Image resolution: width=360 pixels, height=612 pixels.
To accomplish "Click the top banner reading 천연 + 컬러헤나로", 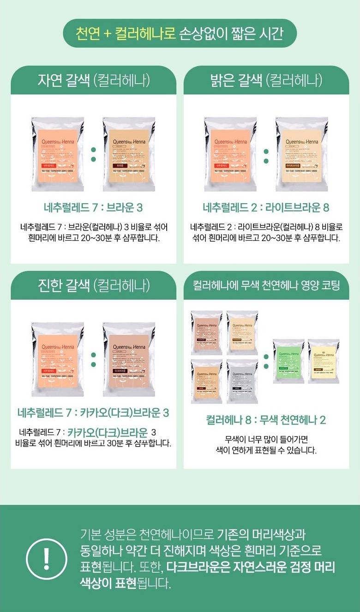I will coord(180,33).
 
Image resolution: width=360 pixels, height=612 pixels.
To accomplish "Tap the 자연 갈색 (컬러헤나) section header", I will coord(94,80).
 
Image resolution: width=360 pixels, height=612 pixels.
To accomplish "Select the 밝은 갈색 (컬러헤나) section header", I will coord(266,80).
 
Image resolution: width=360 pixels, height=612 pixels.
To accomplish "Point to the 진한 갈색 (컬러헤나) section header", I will coord(94,285).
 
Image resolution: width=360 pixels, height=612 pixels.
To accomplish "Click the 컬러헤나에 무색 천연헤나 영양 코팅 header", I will coord(266,285).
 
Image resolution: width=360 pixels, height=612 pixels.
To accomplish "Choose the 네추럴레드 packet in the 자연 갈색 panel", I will coord(58,154).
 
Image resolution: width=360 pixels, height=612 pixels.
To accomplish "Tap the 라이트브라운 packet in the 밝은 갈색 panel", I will coord(301,154).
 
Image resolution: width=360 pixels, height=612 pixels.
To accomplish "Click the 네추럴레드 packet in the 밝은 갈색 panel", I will coord(230,154).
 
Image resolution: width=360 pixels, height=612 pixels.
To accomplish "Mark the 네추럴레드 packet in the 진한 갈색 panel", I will coord(58,359).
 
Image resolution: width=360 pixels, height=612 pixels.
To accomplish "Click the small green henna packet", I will coord(288,361).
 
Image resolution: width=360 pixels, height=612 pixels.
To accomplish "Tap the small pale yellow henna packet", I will coord(324,361).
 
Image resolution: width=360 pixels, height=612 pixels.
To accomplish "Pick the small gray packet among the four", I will coord(242,375).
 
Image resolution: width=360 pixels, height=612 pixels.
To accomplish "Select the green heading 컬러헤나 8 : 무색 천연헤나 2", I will coord(266,420).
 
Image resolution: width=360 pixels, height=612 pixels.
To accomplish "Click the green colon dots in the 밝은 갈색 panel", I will coord(266,155).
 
